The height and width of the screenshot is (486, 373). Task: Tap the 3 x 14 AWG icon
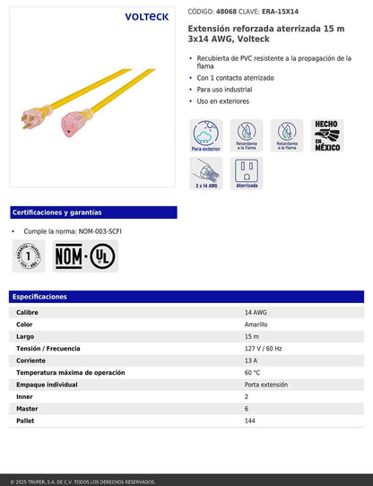click(x=207, y=173)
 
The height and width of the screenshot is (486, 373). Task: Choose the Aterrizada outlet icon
click(x=247, y=173)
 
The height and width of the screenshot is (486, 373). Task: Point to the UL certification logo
click(x=101, y=256)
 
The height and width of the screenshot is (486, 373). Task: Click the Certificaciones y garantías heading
click(x=57, y=213)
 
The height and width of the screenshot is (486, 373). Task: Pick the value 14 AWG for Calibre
click(x=256, y=312)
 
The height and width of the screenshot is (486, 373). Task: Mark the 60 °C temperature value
click(x=252, y=372)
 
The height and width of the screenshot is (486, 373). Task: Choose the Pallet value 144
click(x=250, y=421)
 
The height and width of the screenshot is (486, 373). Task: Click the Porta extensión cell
click(x=266, y=385)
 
